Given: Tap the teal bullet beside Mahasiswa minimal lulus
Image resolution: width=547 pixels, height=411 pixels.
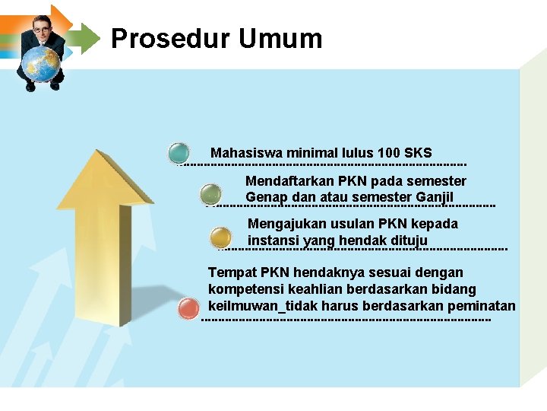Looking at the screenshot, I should coord(179,153).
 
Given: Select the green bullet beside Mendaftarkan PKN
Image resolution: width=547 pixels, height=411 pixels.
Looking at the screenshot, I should coord(211,194).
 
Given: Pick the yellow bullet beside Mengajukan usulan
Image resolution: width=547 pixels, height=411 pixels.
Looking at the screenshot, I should coord(220,237).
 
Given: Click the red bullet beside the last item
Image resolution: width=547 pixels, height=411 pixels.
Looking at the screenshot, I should coord(188,309).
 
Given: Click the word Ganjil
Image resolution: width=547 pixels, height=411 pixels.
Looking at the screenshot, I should coord(435,198).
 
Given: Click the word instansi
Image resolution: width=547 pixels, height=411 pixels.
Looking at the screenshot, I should coord(273,241).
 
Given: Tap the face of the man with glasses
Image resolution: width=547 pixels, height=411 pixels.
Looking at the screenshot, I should coord(42,27).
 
